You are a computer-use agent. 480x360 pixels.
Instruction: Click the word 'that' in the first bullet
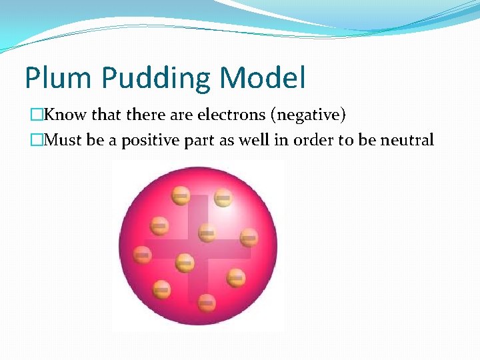coord(105,115)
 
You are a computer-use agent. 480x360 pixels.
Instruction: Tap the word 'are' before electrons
coord(181,115)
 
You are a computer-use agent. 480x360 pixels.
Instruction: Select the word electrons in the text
coord(231,115)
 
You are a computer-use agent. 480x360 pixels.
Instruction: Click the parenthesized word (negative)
coord(308,115)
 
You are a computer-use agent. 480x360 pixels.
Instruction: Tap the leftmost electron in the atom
coord(142,254)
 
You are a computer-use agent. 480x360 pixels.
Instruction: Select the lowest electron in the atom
coord(207,302)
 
